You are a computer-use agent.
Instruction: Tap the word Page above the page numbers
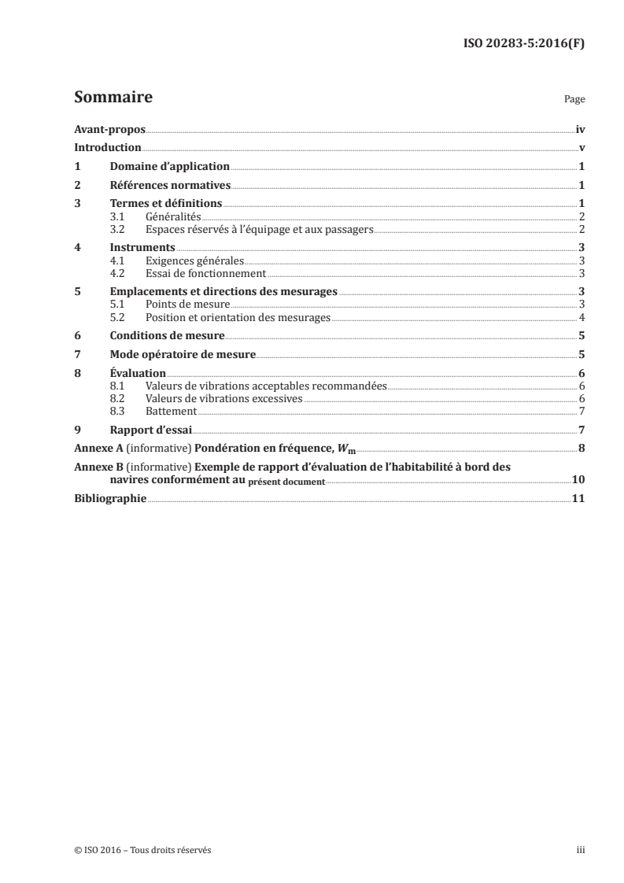(574, 100)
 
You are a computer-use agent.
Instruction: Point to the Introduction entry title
(107, 148)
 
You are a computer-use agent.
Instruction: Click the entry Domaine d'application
(169, 167)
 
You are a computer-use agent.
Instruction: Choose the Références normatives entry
(170, 186)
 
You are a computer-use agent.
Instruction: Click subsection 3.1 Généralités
(173, 216)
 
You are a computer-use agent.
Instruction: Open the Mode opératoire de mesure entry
(183, 355)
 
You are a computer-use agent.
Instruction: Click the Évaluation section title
(138, 374)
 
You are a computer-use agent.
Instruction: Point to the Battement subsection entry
(171, 411)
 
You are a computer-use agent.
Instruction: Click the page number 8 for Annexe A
(581, 449)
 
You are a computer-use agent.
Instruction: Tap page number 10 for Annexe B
(578, 479)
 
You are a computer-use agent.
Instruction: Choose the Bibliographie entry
(109, 499)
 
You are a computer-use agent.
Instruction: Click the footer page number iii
(580, 850)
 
